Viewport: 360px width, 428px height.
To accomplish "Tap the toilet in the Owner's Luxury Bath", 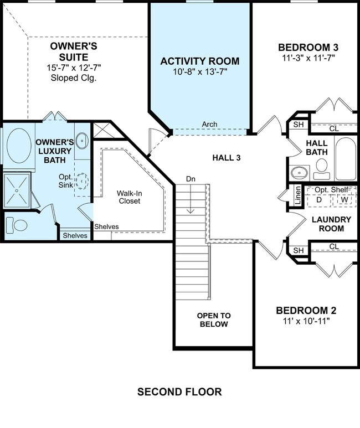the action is [17, 225].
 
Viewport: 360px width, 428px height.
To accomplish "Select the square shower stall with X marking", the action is [17, 190].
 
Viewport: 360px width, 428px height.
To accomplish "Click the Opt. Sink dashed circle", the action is [81, 181].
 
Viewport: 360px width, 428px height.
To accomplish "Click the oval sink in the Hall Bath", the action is [300, 173].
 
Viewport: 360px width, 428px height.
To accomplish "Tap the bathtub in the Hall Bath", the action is [346, 158].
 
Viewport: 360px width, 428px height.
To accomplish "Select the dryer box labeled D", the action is [319, 200].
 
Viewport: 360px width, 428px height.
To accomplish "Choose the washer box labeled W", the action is [344, 200].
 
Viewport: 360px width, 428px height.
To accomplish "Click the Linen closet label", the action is [298, 195].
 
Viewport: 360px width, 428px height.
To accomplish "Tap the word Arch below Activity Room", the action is [209, 124].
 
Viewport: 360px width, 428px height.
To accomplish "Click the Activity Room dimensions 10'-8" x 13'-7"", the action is [200, 72].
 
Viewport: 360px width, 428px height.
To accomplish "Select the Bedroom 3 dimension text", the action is [308, 58].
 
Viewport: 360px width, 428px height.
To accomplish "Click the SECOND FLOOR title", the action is [179, 391].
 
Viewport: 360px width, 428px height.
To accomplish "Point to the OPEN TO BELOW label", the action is [214, 320].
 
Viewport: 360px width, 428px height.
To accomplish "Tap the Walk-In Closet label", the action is [130, 197].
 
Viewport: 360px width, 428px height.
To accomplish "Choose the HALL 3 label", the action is [227, 158].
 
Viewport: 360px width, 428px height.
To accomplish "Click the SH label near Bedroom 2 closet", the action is [299, 250].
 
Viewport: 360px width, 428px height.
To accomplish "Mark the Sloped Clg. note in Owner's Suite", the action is [74, 78].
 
